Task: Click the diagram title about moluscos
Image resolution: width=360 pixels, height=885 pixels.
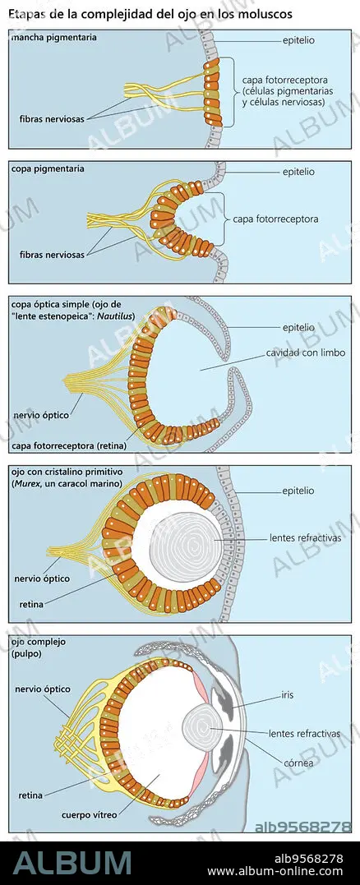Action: (150, 15)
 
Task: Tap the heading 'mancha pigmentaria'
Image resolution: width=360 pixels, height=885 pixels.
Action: (53, 38)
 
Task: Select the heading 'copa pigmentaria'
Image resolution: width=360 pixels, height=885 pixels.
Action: (48, 168)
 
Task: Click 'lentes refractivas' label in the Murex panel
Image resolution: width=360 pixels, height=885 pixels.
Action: (306, 538)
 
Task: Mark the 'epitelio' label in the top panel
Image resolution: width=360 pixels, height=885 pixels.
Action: (298, 41)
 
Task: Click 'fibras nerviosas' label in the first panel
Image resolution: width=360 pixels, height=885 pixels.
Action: (51, 119)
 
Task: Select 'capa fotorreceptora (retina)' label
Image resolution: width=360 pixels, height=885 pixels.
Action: (68, 446)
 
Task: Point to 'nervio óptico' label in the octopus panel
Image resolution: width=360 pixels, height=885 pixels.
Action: (43, 689)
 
